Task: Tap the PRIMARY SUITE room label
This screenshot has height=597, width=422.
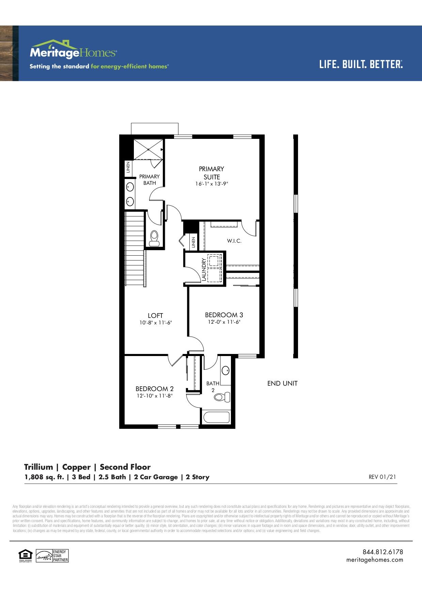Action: pyautogui.click(x=212, y=173)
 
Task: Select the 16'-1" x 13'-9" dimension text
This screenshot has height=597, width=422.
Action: pyautogui.click(x=212, y=183)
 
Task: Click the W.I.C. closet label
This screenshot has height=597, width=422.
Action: pyautogui.click(x=234, y=241)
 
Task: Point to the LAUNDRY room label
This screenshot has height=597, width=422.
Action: pyautogui.click(x=204, y=270)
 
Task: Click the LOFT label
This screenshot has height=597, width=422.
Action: pyautogui.click(x=155, y=316)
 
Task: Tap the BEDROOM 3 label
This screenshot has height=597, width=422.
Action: pyautogui.click(x=224, y=315)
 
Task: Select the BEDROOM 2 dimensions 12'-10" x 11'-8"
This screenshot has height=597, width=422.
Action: pyautogui.click(x=155, y=396)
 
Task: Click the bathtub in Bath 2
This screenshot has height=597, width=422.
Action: pyautogui.click(x=216, y=417)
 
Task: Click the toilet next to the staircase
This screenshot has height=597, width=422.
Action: pyautogui.click(x=154, y=238)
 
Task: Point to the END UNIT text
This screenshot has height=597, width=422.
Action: pyautogui.click(x=282, y=384)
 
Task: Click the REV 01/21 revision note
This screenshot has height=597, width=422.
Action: pyautogui.click(x=382, y=477)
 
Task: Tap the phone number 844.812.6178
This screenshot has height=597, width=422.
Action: pyautogui.click(x=382, y=552)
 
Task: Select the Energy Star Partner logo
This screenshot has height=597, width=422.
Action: pyautogui.click(x=53, y=556)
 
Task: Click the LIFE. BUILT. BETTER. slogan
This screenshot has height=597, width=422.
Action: pyautogui.click(x=361, y=64)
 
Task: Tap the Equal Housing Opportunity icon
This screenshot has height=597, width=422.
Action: pyautogui.click(x=25, y=555)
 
